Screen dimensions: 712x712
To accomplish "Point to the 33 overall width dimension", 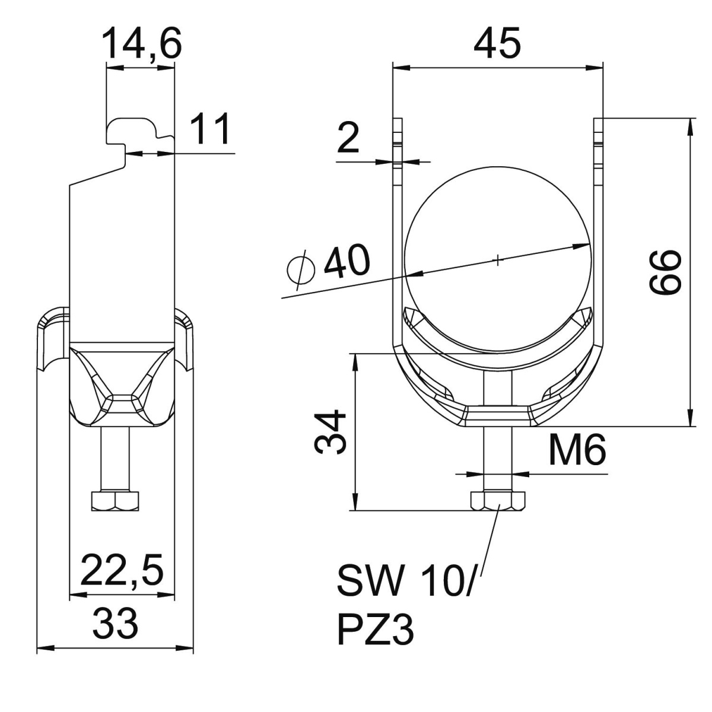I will pyautogui.click(x=115, y=624).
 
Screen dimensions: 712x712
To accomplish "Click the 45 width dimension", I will pyautogui.click(x=497, y=43).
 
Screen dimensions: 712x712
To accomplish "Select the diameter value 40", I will pyautogui.click(x=346, y=260).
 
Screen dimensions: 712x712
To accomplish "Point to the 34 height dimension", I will pyautogui.click(x=330, y=431).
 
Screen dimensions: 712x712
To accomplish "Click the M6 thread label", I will pyautogui.click(x=576, y=450).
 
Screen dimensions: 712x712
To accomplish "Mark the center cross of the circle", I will pyautogui.click(x=498, y=259).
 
